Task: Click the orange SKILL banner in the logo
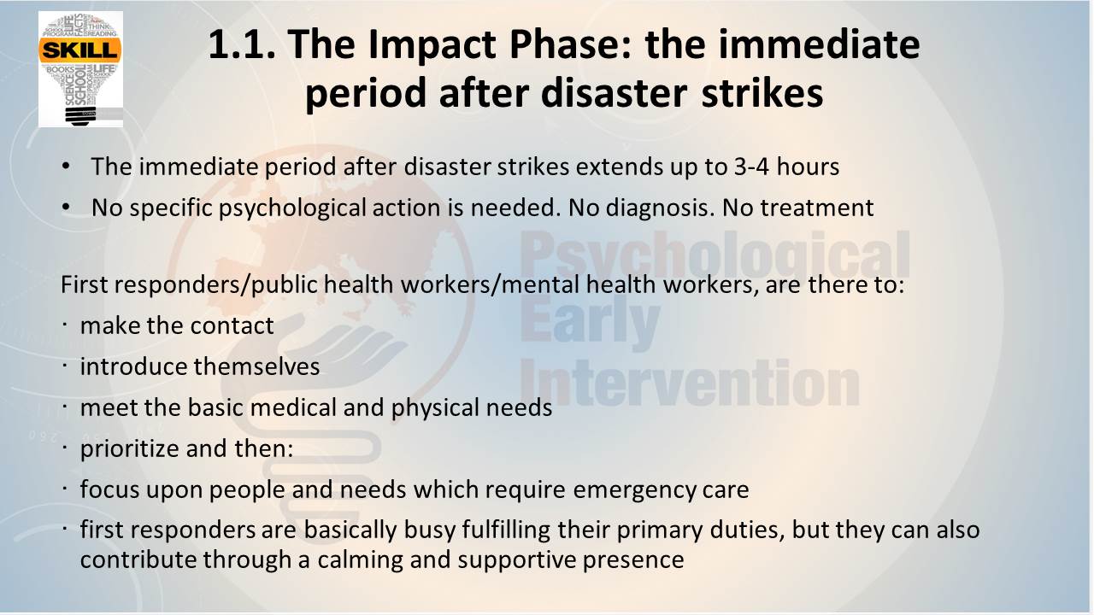[x=80, y=50]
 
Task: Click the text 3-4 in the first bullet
[x=751, y=167]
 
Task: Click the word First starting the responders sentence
[x=84, y=284]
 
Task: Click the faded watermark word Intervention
[x=690, y=384]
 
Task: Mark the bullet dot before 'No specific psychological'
[x=66, y=208]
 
